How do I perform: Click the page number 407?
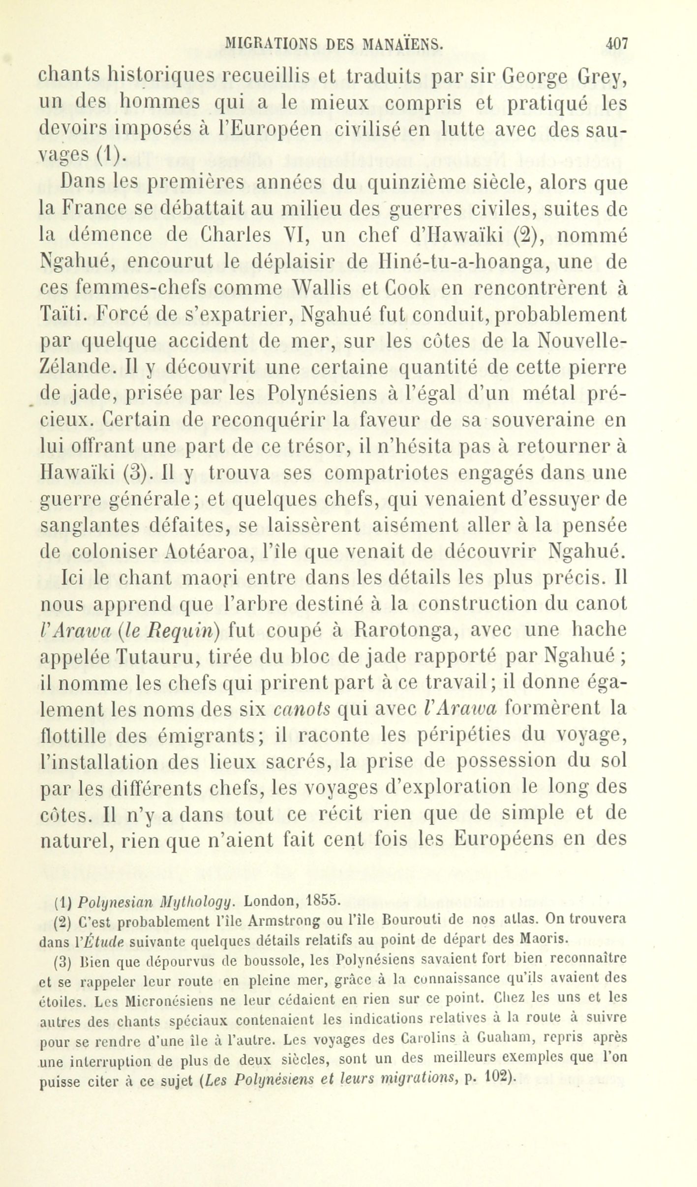click(x=616, y=44)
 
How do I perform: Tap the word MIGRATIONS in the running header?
click(x=270, y=44)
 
